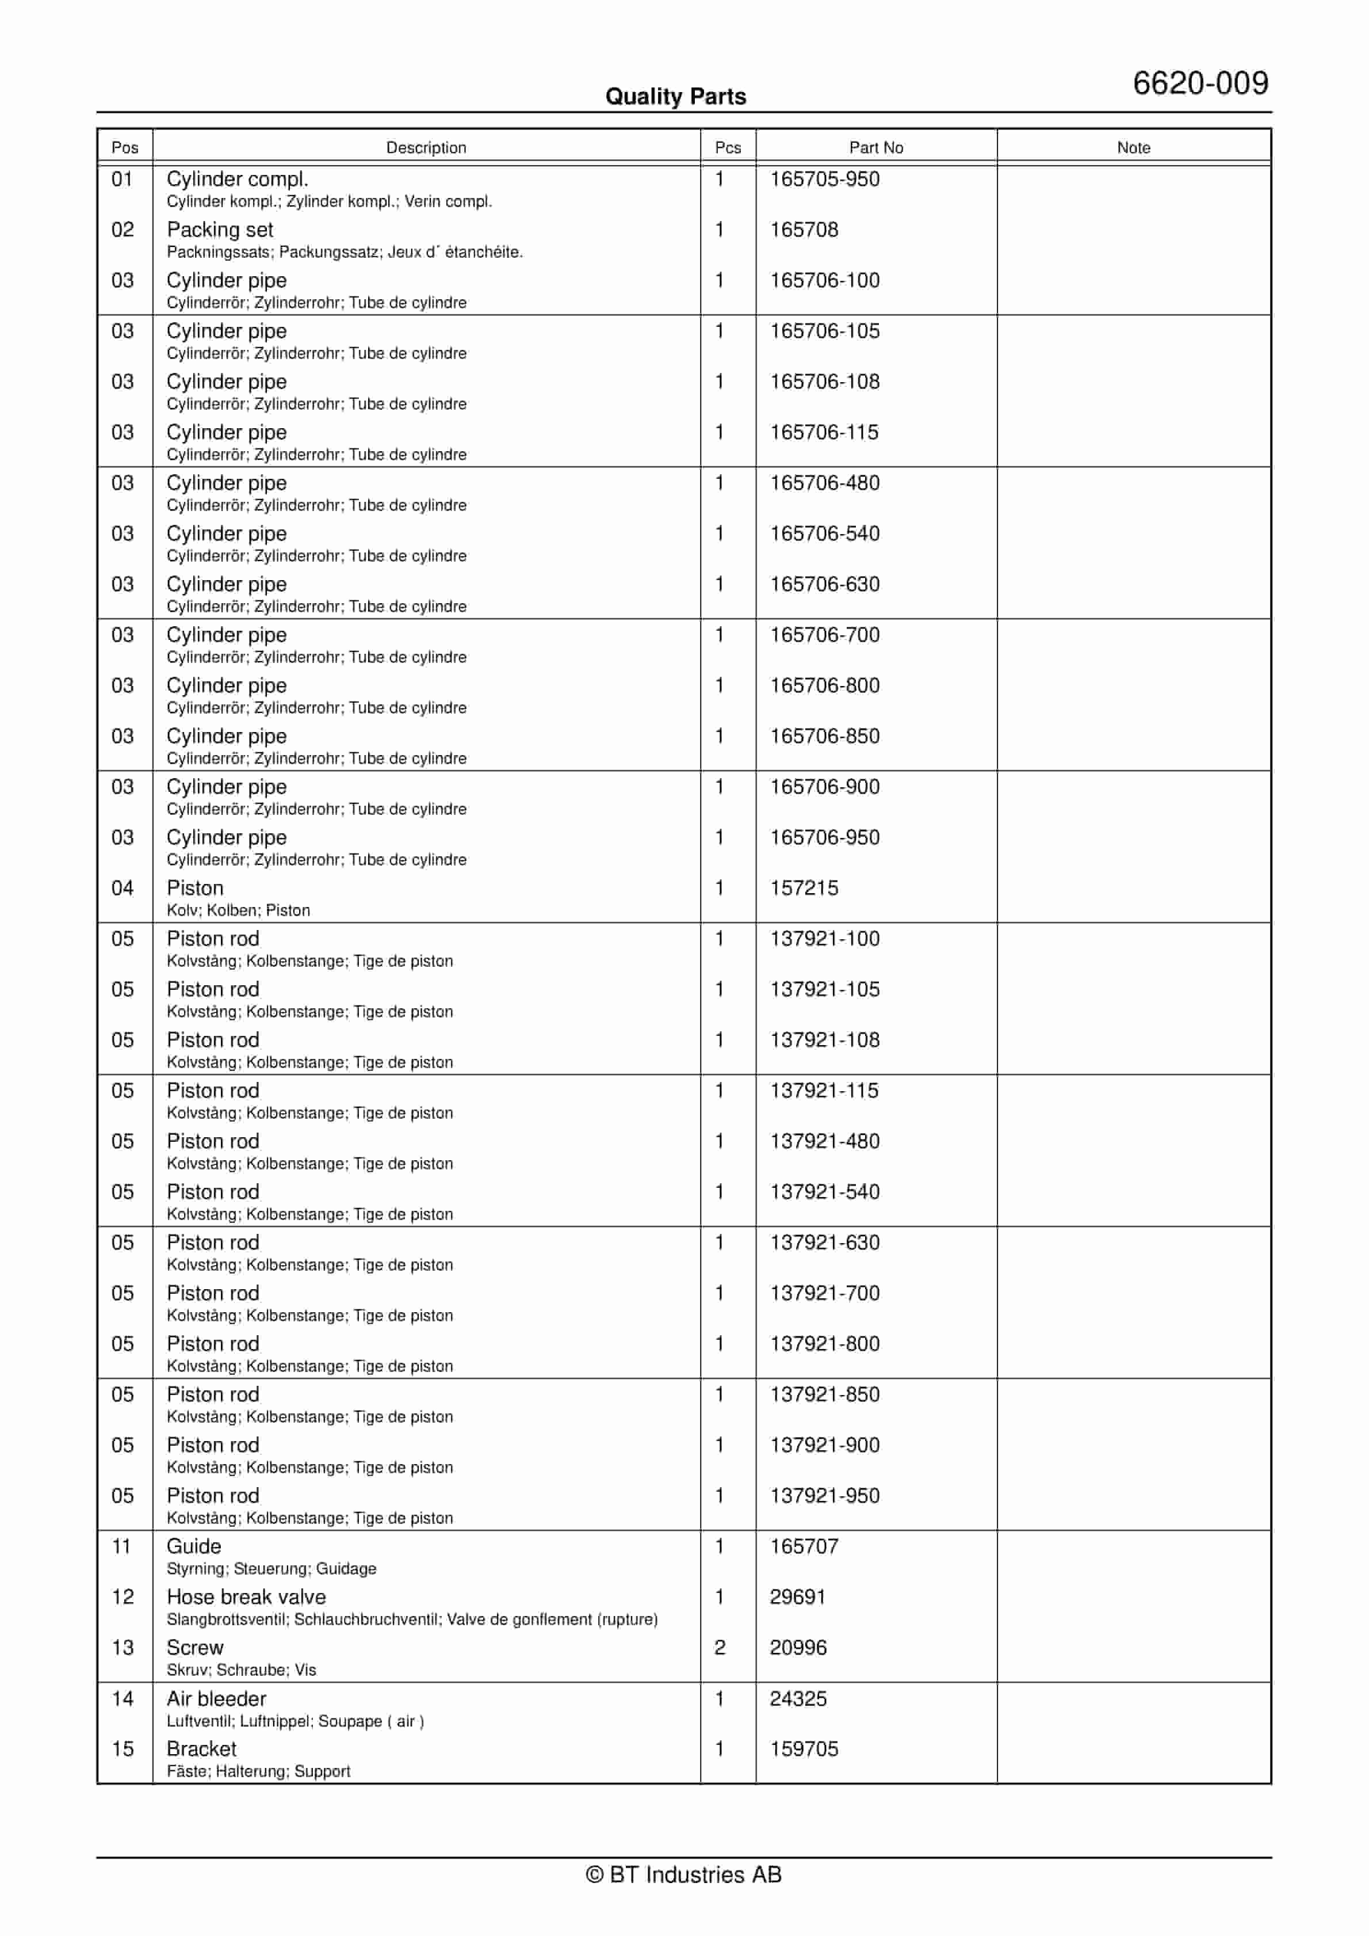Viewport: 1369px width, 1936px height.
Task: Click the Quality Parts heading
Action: click(675, 97)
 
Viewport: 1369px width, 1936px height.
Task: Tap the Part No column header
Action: click(876, 147)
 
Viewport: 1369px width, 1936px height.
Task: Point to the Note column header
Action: click(1133, 147)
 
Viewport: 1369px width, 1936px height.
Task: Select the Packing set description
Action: click(220, 230)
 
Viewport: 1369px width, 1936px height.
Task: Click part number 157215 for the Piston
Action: click(804, 888)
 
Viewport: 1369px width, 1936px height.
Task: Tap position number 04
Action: click(122, 888)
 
